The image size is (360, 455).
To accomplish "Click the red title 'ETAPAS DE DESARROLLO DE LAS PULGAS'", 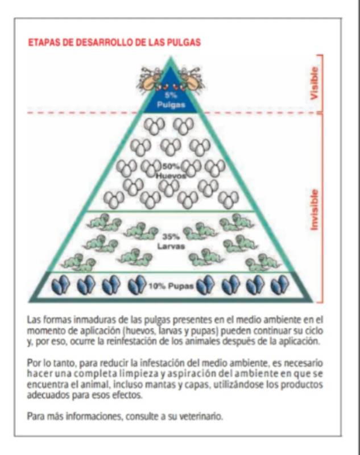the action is [x=114, y=42].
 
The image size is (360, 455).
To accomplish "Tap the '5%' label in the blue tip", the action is [x=171, y=95].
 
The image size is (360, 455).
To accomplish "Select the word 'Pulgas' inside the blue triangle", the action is [x=171, y=105].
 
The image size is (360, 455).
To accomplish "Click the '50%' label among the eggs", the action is [x=171, y=166].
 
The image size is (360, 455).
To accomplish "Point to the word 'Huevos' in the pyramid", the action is [x=171, y=176].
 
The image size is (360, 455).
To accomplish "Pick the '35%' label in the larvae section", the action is [x=171, y=237].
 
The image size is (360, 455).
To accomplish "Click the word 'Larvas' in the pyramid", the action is [x=171, y=247].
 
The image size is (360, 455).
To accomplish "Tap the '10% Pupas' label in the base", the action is [x=171, y=286].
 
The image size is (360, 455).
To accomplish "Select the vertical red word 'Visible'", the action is [x=315, y=83].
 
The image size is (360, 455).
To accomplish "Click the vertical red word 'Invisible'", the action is [x=315, y=210].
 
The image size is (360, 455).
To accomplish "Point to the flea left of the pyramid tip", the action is [x=150, y=78].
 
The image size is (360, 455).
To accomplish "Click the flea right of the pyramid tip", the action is [x=192, y=78].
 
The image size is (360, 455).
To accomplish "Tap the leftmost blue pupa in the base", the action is [x=60, y=285].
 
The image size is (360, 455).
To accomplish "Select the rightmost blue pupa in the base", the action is [x=280, y=285].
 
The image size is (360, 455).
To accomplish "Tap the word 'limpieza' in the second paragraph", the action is [x=138, y=374].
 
